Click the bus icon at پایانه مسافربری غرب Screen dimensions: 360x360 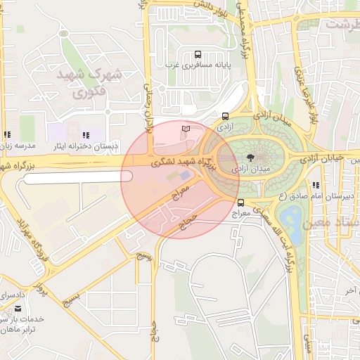point(198,54)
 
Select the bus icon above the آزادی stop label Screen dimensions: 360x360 point(225,117)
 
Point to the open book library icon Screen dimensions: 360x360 point(186,129)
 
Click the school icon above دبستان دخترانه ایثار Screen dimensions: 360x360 point(86,135)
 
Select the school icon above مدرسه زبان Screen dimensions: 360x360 point(7,135)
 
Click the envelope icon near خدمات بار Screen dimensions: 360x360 point(18,309)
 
